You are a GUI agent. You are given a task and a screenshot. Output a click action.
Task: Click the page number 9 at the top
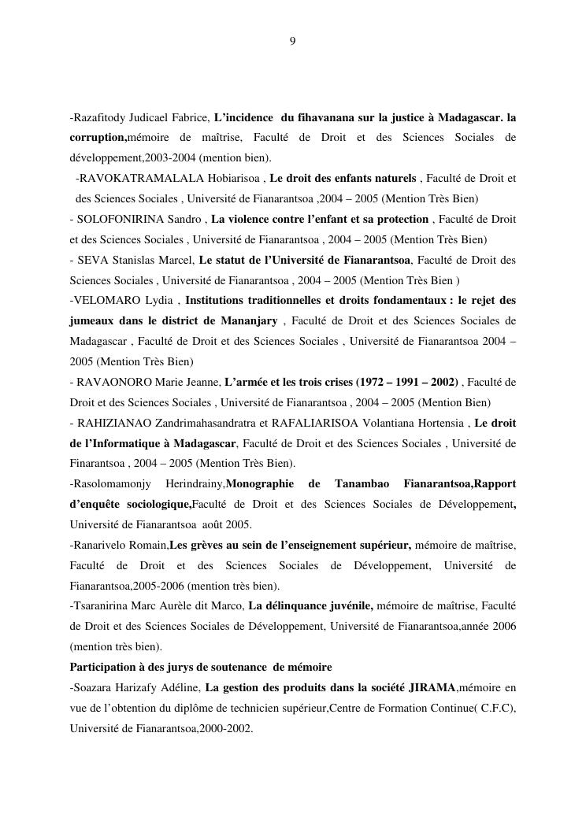point(292,41)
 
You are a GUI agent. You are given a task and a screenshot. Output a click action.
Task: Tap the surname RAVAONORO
point(113,382)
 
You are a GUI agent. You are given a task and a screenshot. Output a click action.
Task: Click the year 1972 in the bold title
point(375,382)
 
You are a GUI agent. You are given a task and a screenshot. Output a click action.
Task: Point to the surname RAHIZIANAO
point(113,423)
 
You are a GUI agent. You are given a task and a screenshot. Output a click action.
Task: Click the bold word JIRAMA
point(432,688)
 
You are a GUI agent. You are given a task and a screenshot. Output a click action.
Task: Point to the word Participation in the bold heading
point(103,668)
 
